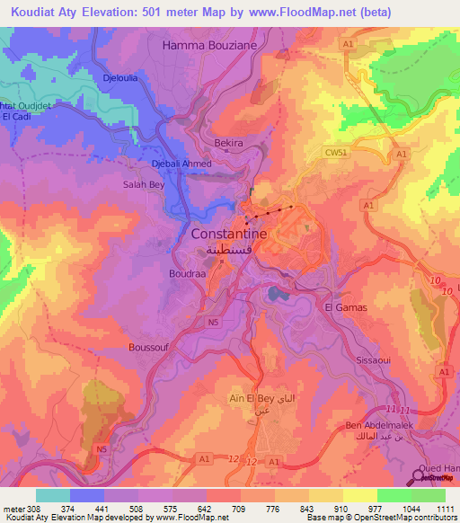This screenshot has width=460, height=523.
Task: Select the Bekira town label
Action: (229, 143)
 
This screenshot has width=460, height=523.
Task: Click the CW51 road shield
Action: (335, 154)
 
